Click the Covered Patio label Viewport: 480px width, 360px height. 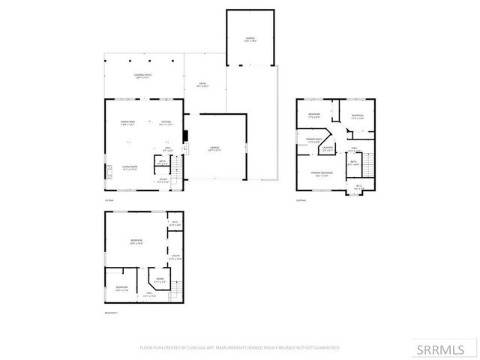pyautogui.click(x=142, y=75)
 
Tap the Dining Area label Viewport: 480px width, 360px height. pyautogui.click(x=127, y=123)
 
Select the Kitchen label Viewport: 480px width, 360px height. pyautogui.click(x=166, y=123)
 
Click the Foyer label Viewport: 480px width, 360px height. pyautogui.click(x=163, y=180)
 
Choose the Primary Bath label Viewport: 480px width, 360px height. pyautogui.click(x=313, y=139)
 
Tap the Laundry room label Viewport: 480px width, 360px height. pyautogui.click(x=327, y=148)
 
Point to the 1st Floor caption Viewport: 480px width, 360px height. pyautogui.click(x=109, y=200)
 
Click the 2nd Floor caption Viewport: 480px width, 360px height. pyautogui.click(x=301, y=200)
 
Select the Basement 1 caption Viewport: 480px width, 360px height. pyautogui.click(x=112, y=312)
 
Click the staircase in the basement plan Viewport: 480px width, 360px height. pyautogui.click(x=177, y=288)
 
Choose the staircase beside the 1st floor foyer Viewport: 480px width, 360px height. pyautogui.click(x=177, y=172)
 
